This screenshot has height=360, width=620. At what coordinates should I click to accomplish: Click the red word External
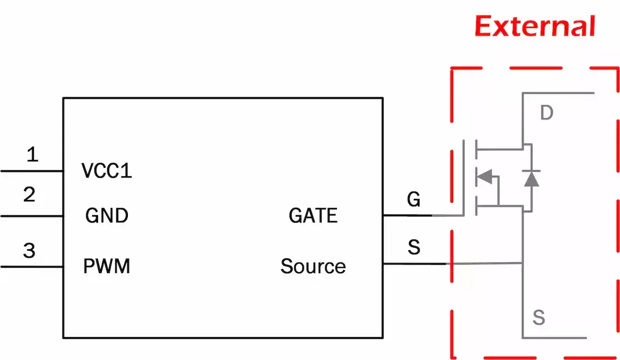point(535,26)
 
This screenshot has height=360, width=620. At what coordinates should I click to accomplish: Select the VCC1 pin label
point(107,171)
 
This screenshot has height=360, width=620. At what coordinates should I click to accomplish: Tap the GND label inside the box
point(107,216)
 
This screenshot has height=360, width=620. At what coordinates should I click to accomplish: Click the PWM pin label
point(107,266)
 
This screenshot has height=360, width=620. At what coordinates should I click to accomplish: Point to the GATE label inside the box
point(313,215)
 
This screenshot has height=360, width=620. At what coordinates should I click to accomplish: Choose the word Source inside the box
point(313,266)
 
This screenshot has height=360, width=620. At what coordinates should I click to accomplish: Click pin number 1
point(33,155)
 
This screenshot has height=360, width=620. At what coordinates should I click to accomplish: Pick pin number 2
point(29,195)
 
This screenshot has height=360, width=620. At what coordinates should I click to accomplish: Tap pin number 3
point(29,250)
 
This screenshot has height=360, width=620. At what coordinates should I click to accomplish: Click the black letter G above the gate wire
point(413,199)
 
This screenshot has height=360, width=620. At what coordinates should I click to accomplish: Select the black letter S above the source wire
point(413,247)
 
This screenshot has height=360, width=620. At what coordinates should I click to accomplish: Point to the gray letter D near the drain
point(546,113)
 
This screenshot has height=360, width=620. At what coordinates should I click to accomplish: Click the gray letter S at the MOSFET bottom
point(539,318)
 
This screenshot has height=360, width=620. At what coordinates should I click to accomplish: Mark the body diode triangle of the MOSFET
point(531,179)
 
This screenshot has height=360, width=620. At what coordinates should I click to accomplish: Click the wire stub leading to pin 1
point(32,171)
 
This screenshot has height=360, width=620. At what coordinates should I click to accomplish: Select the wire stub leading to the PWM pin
point(32,266)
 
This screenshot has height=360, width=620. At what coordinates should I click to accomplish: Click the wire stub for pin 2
point(32,216)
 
